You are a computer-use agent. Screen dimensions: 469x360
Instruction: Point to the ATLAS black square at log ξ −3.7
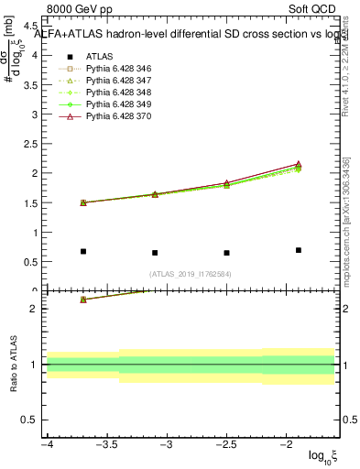click(x=83, y=251)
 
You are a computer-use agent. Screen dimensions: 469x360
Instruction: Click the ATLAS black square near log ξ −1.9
click(x=299, y=250)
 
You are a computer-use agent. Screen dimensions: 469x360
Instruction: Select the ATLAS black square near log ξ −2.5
click(x=226, y=253)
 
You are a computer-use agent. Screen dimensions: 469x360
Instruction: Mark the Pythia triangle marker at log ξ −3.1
click(x=155, y=194)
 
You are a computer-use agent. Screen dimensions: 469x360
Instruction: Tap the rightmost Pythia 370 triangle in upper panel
click(x=299, y=164)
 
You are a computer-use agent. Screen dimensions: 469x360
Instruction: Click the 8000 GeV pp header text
click(x=78, y=10)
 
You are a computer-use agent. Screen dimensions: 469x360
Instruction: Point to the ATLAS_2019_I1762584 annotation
click(x=191, y=274)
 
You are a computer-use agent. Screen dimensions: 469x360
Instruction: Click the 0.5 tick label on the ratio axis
click(x=28, y=420)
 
